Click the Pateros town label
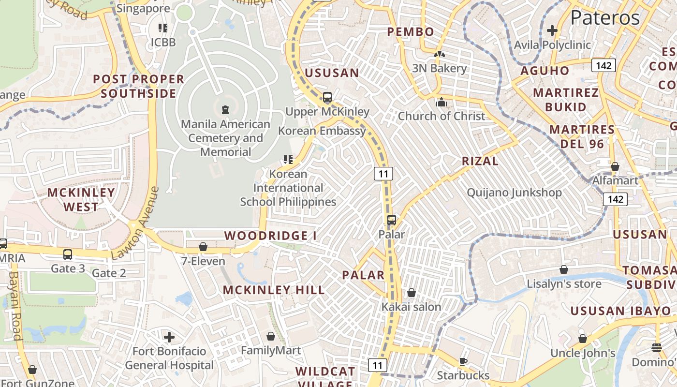coord(605,18)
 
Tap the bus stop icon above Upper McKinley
coord(327,97)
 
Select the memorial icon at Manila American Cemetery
coord(225,110)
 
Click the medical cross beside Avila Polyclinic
coord(552,30)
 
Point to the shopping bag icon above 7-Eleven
coord(203,247)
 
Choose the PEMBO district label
coord(411,32)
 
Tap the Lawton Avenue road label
coord(134,223)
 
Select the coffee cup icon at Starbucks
coord(463,361)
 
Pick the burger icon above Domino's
coord(656,347)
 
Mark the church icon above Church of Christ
coord(441,102)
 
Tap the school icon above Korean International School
coord(288,159)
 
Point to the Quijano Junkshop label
coord(514,193)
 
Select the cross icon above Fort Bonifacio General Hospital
coord(169,337)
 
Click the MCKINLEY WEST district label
coord(81,199)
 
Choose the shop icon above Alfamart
coord(615,166)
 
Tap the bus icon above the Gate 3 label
coord(68,254)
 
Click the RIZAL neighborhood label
coord(480,161)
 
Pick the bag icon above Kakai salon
coord(411,293)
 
